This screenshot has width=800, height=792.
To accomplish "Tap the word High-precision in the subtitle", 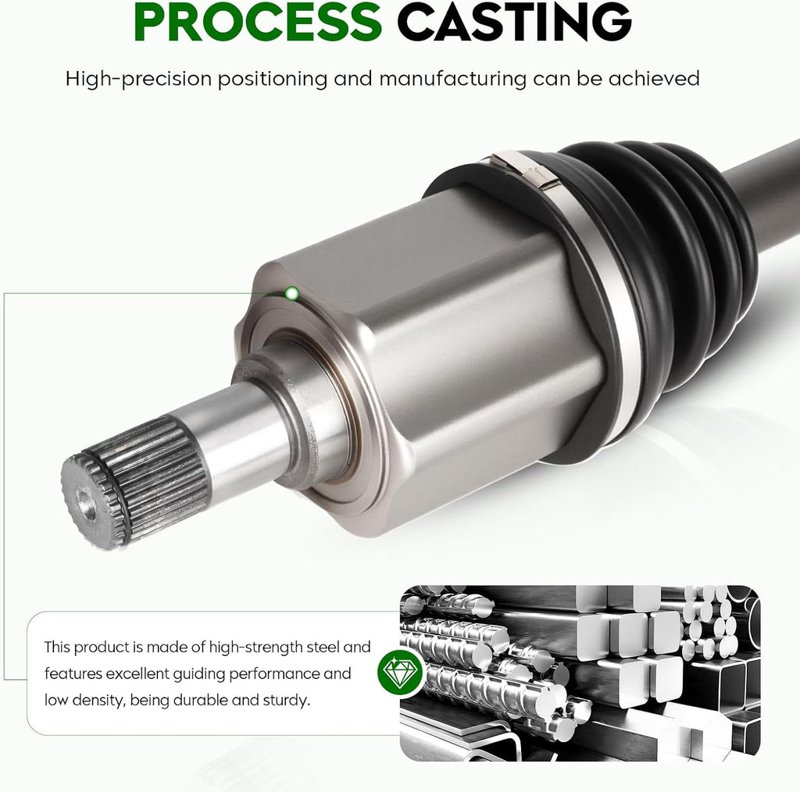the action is click(x=138, y=79).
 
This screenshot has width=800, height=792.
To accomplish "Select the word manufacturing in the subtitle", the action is click(x=452, y=79).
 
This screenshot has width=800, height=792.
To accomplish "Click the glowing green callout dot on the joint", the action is click(x=292, y=293).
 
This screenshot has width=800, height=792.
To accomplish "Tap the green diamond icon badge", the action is click(x=400, y=671).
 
